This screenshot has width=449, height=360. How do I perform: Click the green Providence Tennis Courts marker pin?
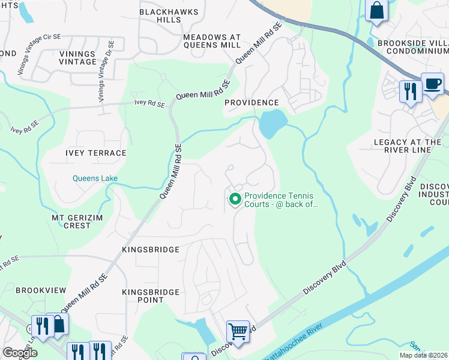(235, 199)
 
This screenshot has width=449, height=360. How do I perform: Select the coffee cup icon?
(432, 83)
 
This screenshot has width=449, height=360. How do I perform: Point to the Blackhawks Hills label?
(160, 16)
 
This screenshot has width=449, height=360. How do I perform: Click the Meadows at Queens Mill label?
(212, 41)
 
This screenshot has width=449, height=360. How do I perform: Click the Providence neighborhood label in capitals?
(252, 103)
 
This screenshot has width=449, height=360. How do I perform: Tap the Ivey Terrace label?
(96, 153)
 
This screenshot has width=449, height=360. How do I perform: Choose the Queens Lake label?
(95, 178)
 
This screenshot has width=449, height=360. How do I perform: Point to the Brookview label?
(41, 290)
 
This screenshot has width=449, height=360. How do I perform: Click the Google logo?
(20, 352)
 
